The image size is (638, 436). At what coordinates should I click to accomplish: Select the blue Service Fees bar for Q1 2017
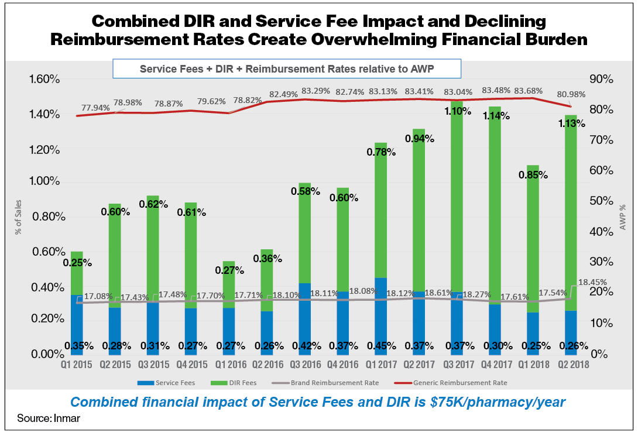coord(380,316)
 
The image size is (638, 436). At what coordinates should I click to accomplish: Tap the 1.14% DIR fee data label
coord(495,116)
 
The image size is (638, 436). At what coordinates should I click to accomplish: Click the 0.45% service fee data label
coord(381,345)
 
